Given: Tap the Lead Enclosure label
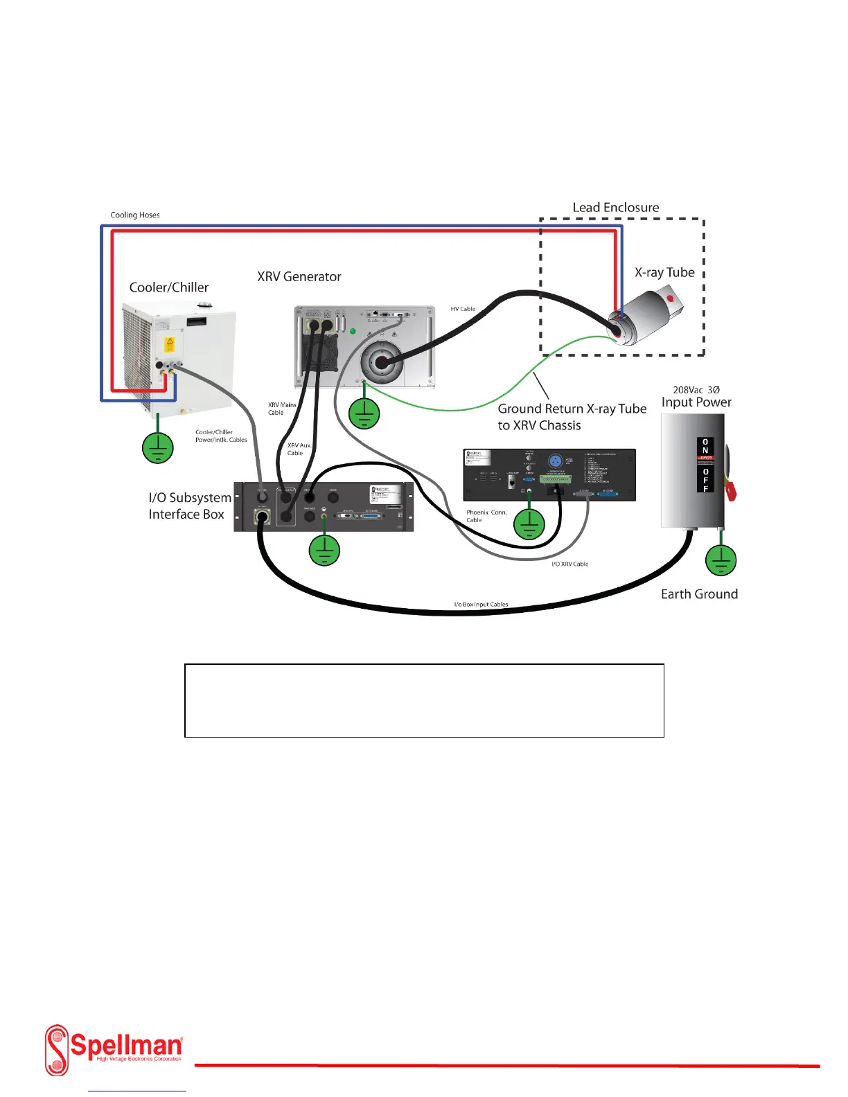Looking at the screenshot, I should coord(615,207).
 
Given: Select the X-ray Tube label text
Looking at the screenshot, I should coord(664,272).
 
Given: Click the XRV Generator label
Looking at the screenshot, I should coord(299,276).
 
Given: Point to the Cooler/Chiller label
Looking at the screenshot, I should coord(168,287).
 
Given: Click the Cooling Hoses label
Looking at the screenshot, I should coord(135,215).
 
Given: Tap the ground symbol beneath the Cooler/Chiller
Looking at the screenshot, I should coord(158,447).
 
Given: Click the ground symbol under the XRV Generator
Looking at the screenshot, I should coord(364,414).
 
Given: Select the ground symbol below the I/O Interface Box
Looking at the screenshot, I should coord(324,550).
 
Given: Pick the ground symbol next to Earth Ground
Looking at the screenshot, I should coord(721,560).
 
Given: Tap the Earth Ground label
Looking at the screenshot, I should coord(699,594).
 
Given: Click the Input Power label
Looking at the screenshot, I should coord(696,402).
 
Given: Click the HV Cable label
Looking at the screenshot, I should coord(463,309).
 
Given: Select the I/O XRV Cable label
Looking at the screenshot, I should coord(569,564).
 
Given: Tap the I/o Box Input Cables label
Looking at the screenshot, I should coord(481,605).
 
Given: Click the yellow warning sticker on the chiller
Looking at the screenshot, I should coord(168,344).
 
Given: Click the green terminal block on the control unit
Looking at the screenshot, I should coord(556,479).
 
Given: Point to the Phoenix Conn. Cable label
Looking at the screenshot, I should coord(486,516).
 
